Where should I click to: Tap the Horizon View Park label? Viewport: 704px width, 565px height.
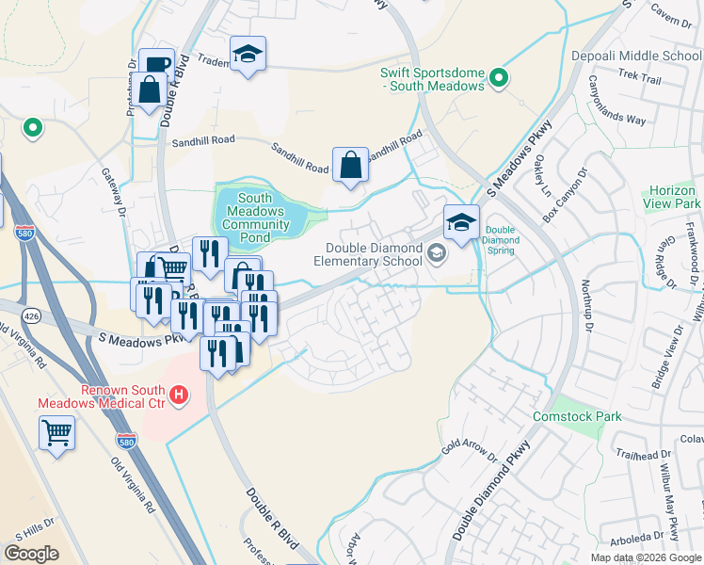(x=672, y=197)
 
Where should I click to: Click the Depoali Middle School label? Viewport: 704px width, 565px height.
(x=636, y=56)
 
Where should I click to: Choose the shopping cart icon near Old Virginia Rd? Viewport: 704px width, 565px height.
(x=56, y=433)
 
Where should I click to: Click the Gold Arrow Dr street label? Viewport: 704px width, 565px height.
(x=468, y=450)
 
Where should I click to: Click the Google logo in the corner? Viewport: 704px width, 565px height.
(x=31, y=554)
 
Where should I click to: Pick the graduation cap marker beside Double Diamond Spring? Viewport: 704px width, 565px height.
(x=461, y=222)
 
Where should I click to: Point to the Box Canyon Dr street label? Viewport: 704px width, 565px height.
(x=563, y=196)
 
